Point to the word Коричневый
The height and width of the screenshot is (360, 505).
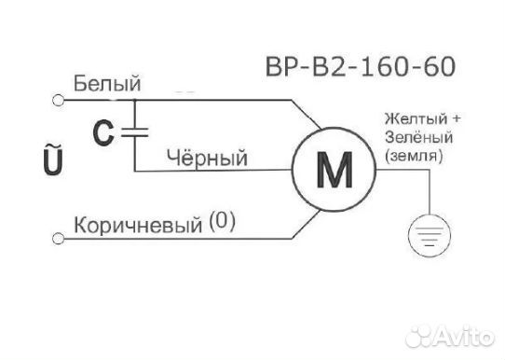(138, 226)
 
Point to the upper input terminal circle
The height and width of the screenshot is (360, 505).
(59, 96)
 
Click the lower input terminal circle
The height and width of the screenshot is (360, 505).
(59, 240)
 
